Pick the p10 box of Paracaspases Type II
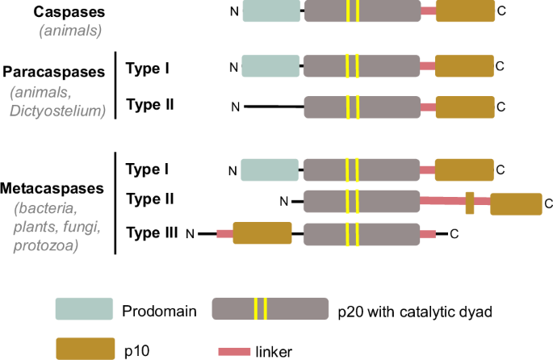[x=465, y=107]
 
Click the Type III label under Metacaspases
[x=152, y=233]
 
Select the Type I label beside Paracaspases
[x=148, y=68]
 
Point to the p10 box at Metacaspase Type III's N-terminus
[x=262, y=234]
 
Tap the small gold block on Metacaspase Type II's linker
[x=469, y=202]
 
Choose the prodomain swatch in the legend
[x=84, y=309]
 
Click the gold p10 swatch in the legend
[x=84, y=349]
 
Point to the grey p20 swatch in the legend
[x=270, y=309]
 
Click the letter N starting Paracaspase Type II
[x=236, y=107]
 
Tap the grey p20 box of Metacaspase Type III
[x=361, y=234]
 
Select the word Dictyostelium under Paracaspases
[x=58, y=111]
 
